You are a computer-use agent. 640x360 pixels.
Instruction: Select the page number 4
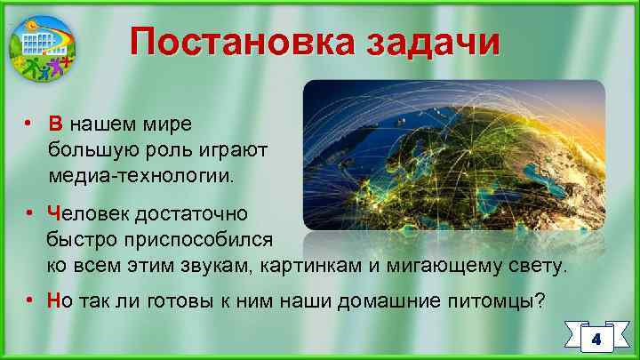pos(596,340)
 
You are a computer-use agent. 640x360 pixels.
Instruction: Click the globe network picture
pos(453,156)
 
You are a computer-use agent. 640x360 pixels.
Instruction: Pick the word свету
pos(534,266)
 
